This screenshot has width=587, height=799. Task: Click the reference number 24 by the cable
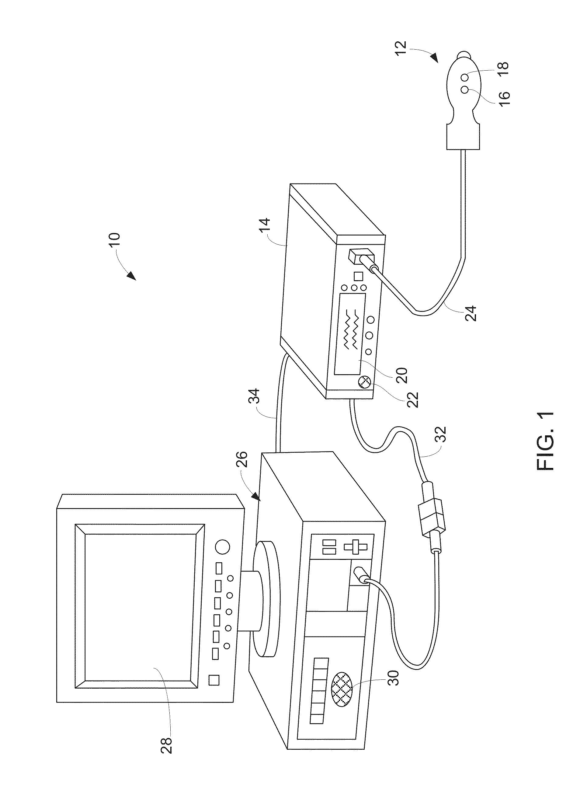471,311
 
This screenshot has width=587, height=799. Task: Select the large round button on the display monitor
223,547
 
